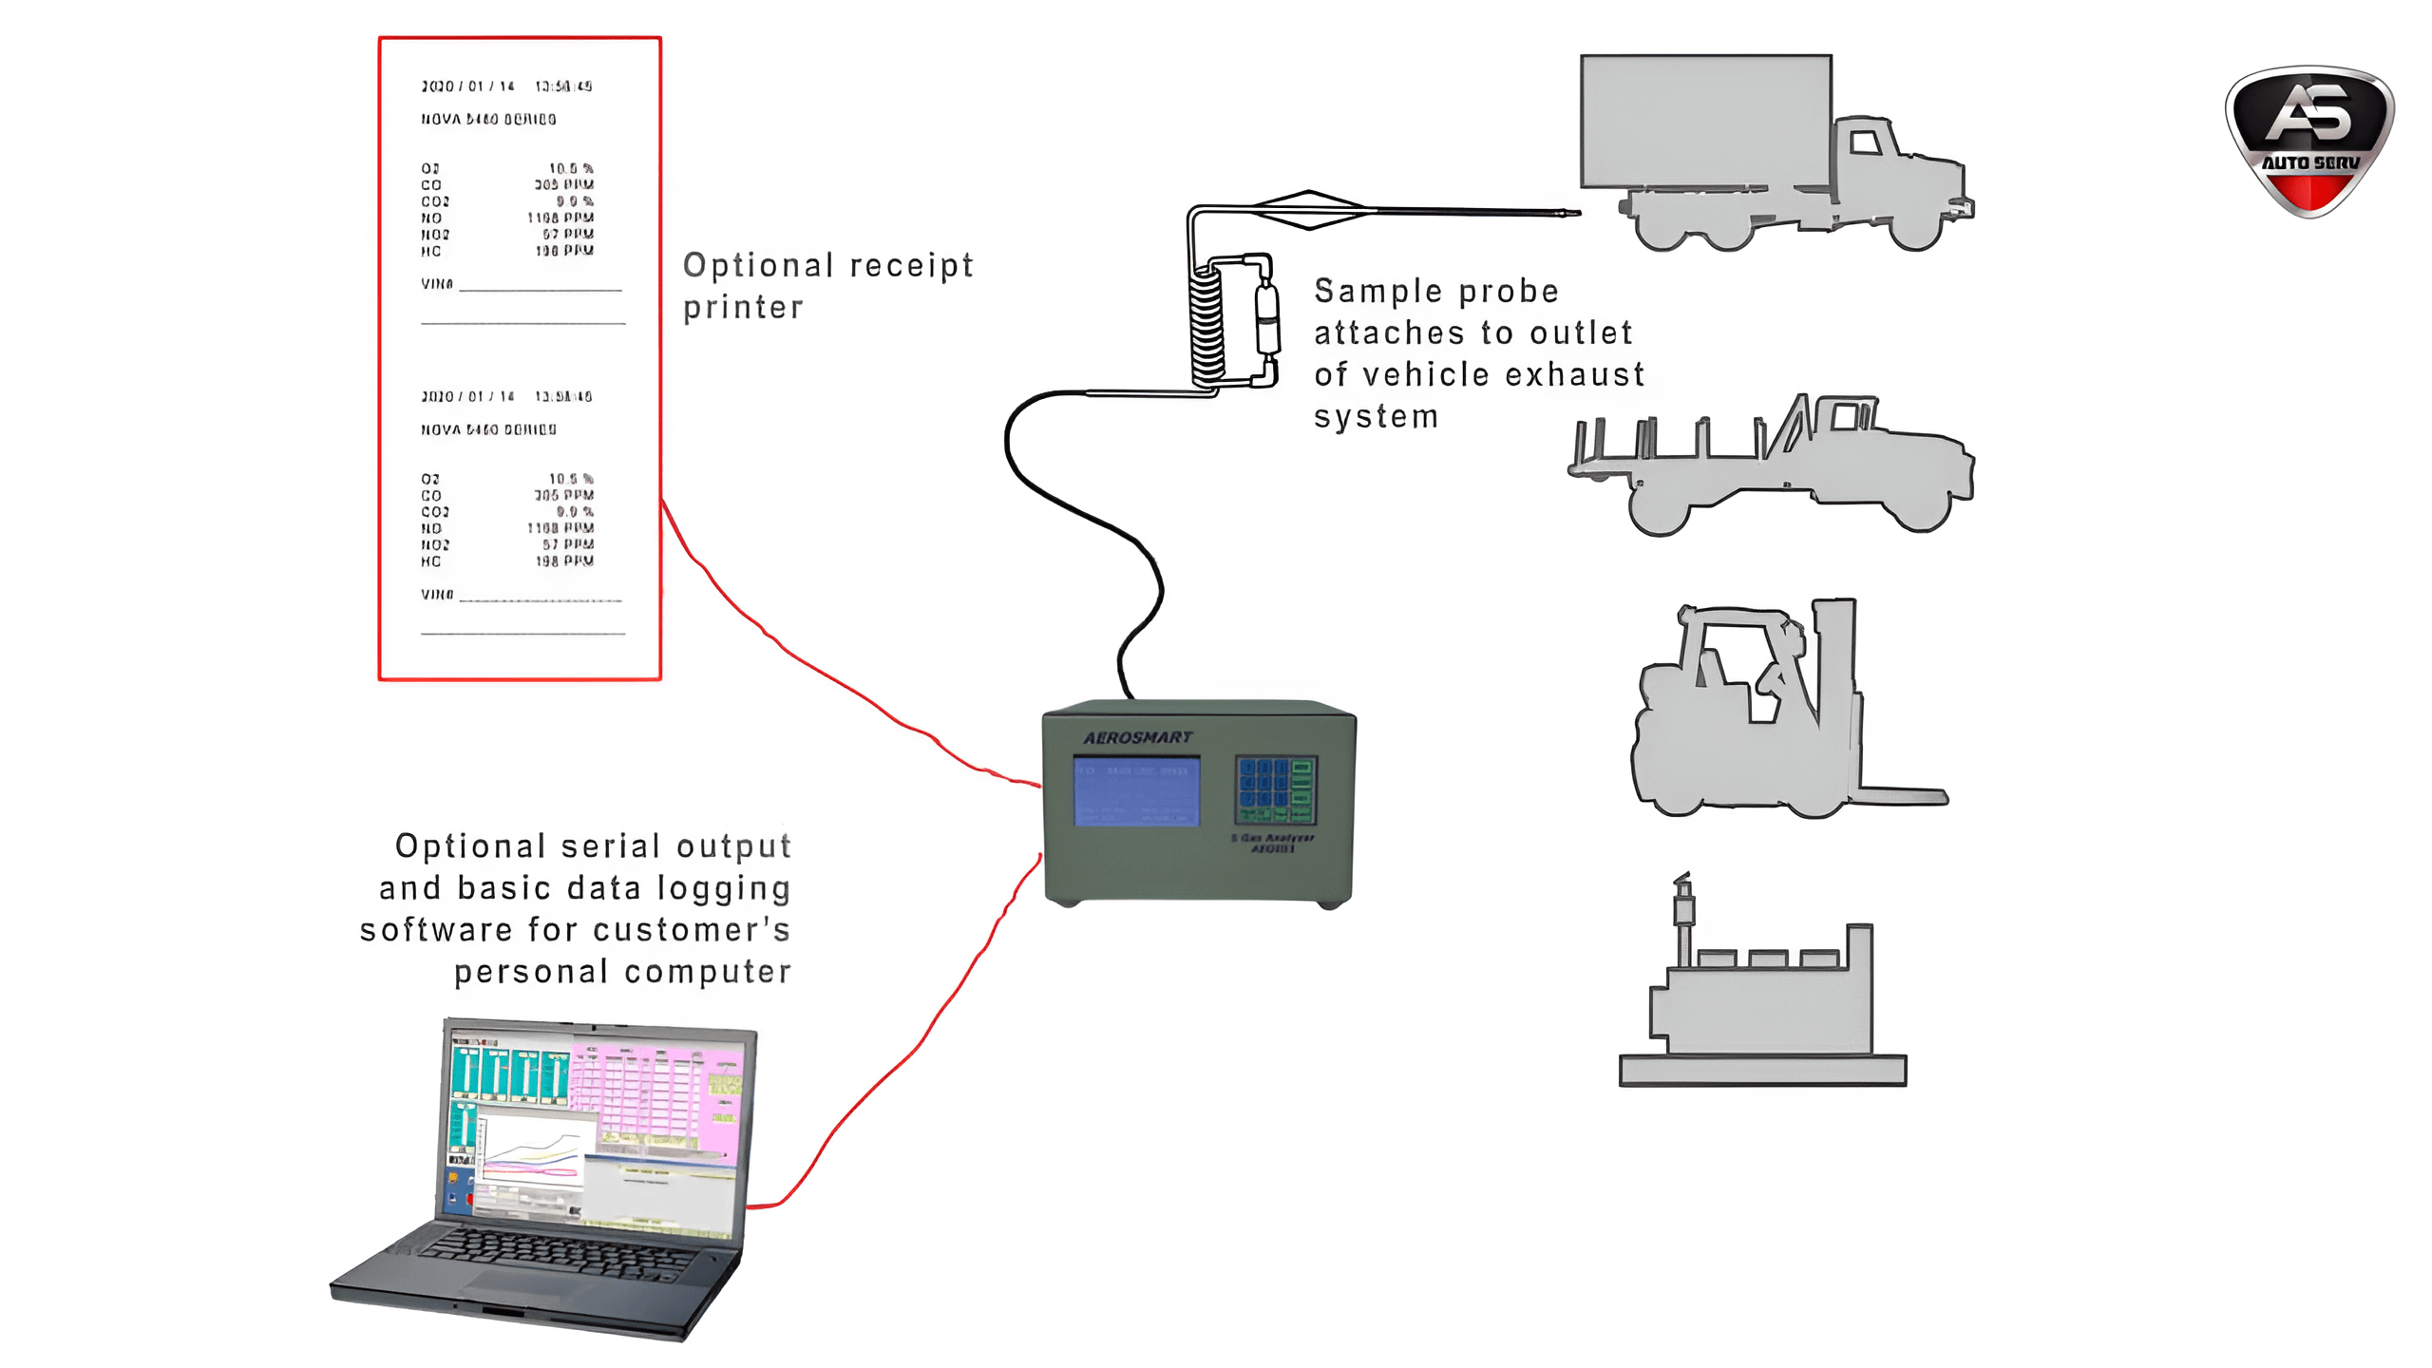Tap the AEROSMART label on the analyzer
[x=1137, y=737]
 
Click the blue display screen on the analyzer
[x=1136, y=791]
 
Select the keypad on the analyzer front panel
[x=1275, y=789]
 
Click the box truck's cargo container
[x=1705, y=121]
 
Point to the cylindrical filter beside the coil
[x=1267, y=318]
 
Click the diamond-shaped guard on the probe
[x=1309, y=210]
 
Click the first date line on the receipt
[x=506, y=86]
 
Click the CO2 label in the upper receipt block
[x=435, y=201]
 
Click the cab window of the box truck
[x=1865, y=143]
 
